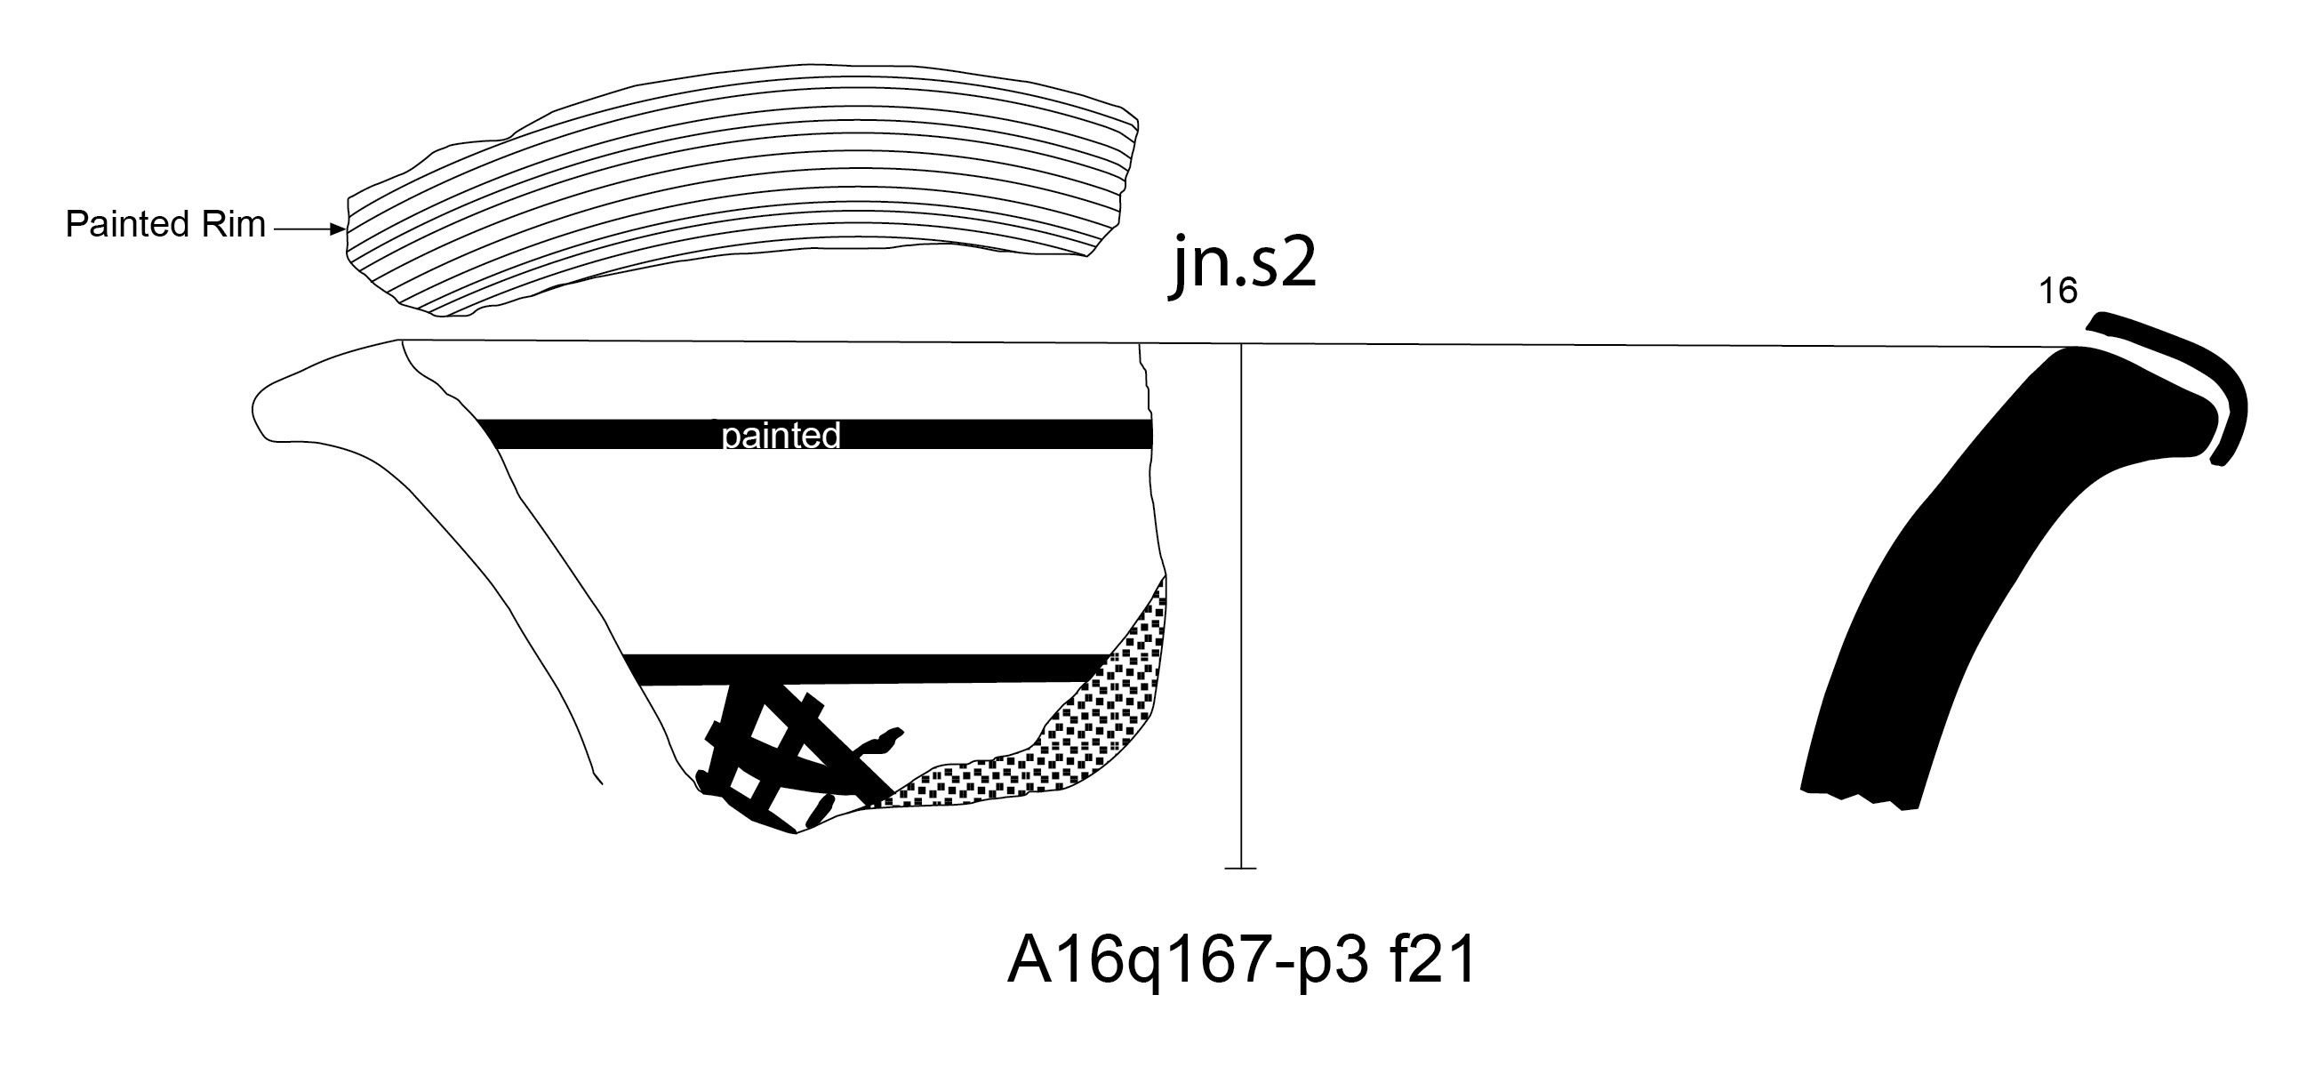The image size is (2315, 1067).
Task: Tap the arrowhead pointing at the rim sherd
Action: (339, 230)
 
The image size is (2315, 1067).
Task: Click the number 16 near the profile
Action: (2057, 292)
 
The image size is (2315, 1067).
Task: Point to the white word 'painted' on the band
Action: (781, 435)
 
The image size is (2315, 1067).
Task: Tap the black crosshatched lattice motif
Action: (791, 755)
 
